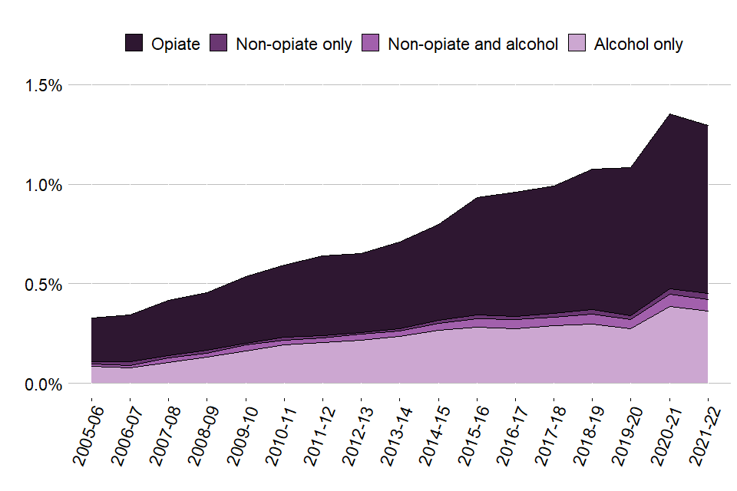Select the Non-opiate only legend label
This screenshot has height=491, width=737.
(x=293, y=44)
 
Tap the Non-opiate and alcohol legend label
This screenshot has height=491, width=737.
(x=472, y=44)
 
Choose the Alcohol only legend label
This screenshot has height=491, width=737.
(x=638, y=44)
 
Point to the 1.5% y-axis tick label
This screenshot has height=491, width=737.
(x=44, y=85)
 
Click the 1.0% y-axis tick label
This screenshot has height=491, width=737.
(x=44, y=185)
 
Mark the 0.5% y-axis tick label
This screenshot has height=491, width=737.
(x=44, y=285)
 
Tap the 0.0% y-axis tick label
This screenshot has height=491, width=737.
(x=44, y=384)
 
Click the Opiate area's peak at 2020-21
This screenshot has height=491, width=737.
(x=669, y=115)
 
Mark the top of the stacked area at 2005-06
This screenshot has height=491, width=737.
(x=92, y=318)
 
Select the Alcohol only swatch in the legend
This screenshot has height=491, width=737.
(x=578, y=44)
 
